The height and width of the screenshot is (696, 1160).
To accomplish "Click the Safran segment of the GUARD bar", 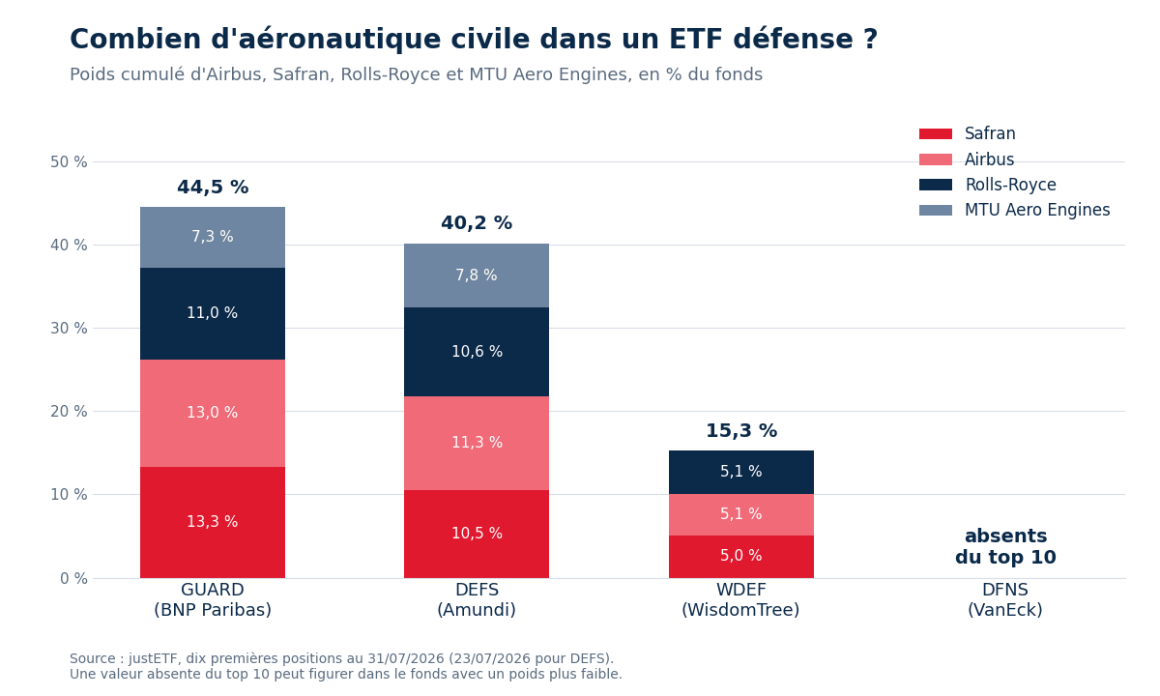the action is (x=213, y=522).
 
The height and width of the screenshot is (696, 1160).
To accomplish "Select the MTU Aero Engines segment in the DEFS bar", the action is (x=477, y=275).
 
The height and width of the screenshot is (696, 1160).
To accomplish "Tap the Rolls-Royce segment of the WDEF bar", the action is (x=741, y=472).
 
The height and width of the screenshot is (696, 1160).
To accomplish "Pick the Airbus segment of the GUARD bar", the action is (x=213, y=414).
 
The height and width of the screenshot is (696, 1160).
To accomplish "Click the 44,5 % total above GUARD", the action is (x=213, y=188).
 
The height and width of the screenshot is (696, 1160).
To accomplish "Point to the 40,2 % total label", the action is (x=477, y=223).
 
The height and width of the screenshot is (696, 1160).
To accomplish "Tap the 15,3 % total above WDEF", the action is (x=741, y=431).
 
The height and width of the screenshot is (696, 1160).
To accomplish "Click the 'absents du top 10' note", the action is (x=1005, y=546).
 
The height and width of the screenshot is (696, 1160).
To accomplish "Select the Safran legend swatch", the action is (x=936, y=133).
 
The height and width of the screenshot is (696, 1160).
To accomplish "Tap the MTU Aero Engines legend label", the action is (x=1037, y=211).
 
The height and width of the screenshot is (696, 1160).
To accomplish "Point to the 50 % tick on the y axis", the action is (x=69, y=162).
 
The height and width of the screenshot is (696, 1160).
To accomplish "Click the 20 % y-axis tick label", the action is (x=69, y=412).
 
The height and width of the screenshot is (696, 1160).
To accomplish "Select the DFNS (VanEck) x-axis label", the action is (x=1005, y=599).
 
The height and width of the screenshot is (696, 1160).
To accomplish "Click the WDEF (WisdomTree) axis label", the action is (x=741, y=599).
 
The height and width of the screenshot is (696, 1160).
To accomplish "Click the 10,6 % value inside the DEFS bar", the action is (x=477, y=352).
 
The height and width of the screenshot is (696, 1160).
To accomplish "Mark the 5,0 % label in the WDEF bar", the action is (x=741, y=556).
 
